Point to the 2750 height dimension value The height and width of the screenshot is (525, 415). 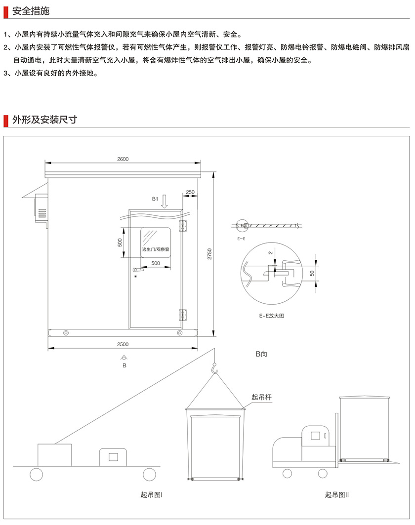209,254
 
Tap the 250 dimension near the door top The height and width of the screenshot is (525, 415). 190,192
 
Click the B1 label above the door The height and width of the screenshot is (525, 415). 155,199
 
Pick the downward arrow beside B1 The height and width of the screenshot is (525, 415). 165,201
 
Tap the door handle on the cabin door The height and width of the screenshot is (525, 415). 138,269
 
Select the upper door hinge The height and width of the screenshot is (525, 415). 183,226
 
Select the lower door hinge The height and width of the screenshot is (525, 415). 183,315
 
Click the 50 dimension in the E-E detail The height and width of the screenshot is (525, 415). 312,273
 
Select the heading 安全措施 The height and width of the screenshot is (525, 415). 31,11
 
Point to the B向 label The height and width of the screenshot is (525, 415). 261,354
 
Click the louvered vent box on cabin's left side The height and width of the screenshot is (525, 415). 41,208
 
